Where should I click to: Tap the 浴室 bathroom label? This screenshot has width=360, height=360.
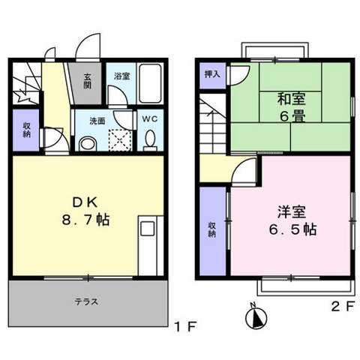click(x=121, y=76)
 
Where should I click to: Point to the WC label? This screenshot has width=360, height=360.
click(x=148, y=118)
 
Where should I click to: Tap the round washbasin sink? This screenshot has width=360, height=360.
click(x=88, y=143)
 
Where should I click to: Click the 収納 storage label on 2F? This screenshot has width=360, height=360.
click(x=211, y=229)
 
